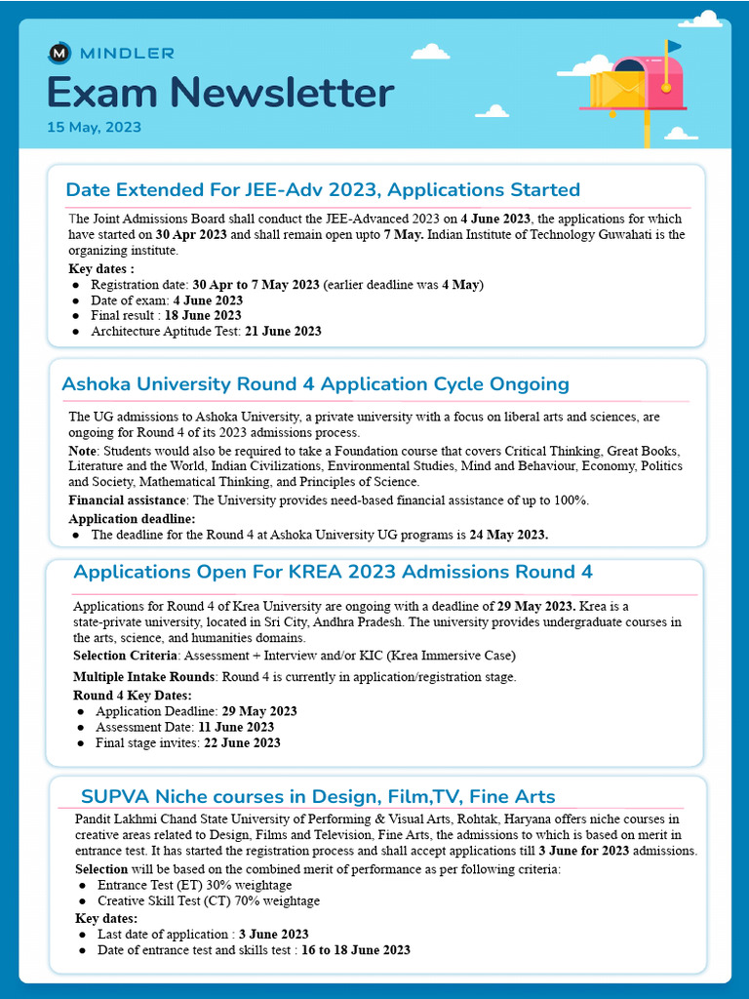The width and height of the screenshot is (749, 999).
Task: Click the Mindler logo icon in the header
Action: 59,52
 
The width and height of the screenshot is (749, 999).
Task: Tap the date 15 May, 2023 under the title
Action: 94,127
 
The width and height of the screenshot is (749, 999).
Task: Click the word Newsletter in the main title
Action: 284,93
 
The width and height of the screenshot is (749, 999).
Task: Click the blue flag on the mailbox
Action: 674,45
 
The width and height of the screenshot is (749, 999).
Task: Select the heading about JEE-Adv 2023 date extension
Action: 322,189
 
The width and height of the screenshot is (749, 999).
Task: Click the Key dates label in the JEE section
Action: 100,268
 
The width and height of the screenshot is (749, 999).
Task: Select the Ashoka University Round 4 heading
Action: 315,383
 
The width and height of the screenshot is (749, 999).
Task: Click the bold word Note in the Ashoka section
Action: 82,451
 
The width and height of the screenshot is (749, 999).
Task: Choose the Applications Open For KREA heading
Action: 333,571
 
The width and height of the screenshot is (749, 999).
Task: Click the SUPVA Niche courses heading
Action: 318,796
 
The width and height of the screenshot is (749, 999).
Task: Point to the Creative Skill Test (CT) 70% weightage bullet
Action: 208,900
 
